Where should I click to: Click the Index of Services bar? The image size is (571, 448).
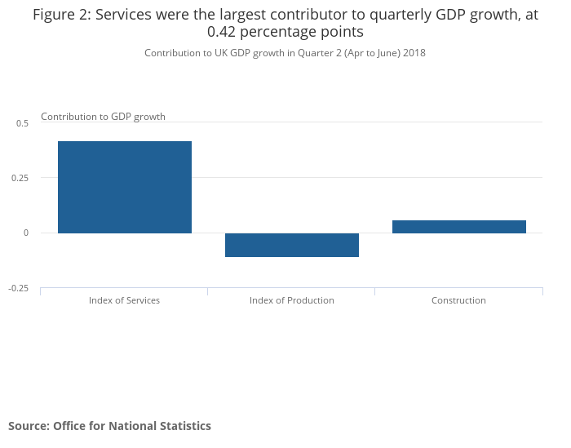click(124, 187)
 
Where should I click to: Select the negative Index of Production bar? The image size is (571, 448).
click(291, 245)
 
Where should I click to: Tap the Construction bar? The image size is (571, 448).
click(458, 227)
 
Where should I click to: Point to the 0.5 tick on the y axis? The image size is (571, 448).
click(22, 123)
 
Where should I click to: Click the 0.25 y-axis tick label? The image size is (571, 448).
click(20, 178)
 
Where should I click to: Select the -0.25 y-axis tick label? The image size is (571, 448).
click(18, 288)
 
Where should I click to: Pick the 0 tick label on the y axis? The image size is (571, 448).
click(25, 233)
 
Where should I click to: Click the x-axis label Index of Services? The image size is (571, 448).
click(124, 300)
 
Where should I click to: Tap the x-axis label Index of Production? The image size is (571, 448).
click(291, 300)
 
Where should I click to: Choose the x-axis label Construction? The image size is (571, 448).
click(458, 300)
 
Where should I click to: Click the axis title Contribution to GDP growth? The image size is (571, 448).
click(103, 117)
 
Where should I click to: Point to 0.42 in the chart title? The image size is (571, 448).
click(224, 33)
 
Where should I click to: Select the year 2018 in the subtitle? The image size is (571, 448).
click(413, 53)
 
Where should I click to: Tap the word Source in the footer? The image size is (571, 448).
click(28, 426)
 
